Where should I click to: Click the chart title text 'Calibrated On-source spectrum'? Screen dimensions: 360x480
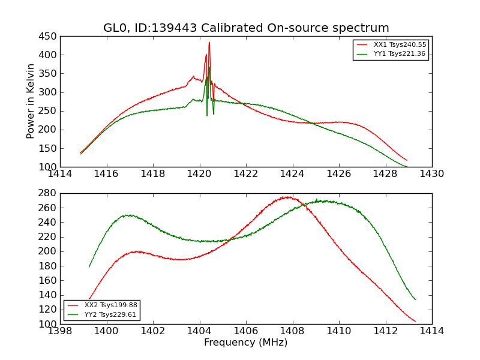click(x=303, y=28)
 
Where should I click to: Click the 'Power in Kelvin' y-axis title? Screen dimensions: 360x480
click(x=31, y=101)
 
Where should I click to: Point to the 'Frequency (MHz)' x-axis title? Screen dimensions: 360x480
click(x=245, y=343)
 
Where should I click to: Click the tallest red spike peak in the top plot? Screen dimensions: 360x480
click(x=209, y=42)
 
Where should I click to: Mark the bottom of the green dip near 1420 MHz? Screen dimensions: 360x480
click(x=207, y=115)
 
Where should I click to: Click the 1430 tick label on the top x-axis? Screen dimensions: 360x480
click(x=431, y=174)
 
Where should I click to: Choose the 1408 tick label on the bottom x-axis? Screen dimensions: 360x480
click(x=292, y=331)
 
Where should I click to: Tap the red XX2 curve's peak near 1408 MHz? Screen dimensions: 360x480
click(x=289, y=197)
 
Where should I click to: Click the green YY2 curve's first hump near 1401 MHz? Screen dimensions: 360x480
click(x=128, y=215)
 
